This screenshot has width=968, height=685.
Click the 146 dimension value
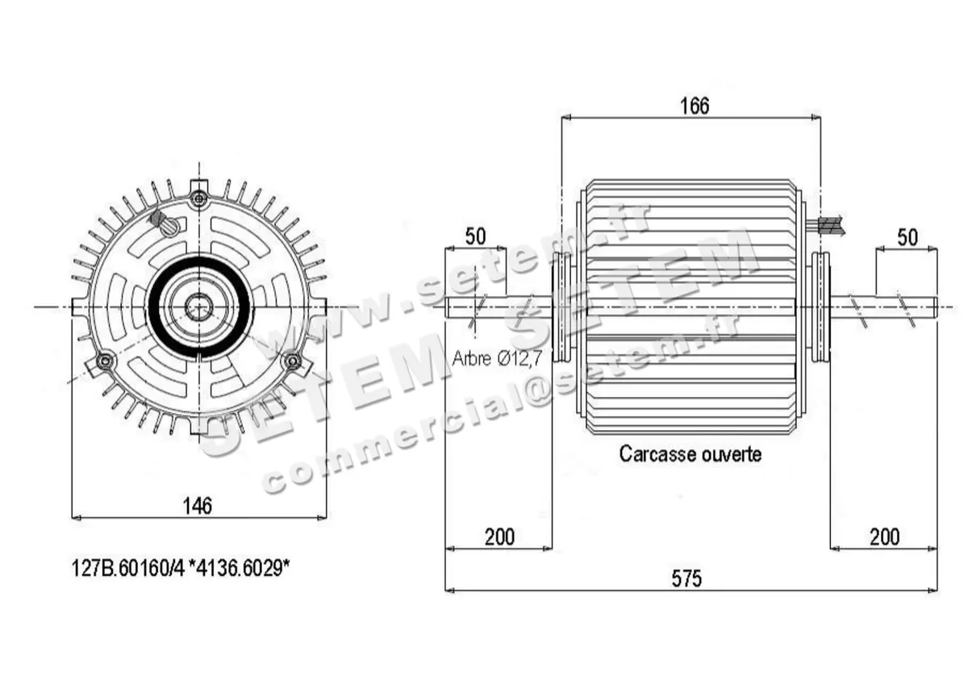[x=197, y=506]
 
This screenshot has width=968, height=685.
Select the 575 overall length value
[x=686, y=578]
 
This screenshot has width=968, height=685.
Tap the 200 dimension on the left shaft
[x=499, y=537]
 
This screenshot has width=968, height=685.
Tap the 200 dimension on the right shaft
[x=885, y=537]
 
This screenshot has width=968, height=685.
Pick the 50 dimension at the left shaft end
[x=476, y=237]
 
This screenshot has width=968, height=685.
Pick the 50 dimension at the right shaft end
[x=907, y=237]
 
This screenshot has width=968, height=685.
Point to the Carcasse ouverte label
[x=690, y=454]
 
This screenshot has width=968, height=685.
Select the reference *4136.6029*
[x=243, y=569]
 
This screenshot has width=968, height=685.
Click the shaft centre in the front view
[x=198, y=307]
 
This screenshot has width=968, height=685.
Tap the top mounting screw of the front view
[x=199, y=198]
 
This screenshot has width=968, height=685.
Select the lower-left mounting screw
[x=103, y=361]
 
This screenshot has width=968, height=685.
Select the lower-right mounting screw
[x=294, y=361]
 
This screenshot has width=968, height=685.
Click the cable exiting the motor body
[x=831, y=225]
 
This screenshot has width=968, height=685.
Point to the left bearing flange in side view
[x=561, y=307]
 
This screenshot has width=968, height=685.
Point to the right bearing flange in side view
[x=820, y=307]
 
